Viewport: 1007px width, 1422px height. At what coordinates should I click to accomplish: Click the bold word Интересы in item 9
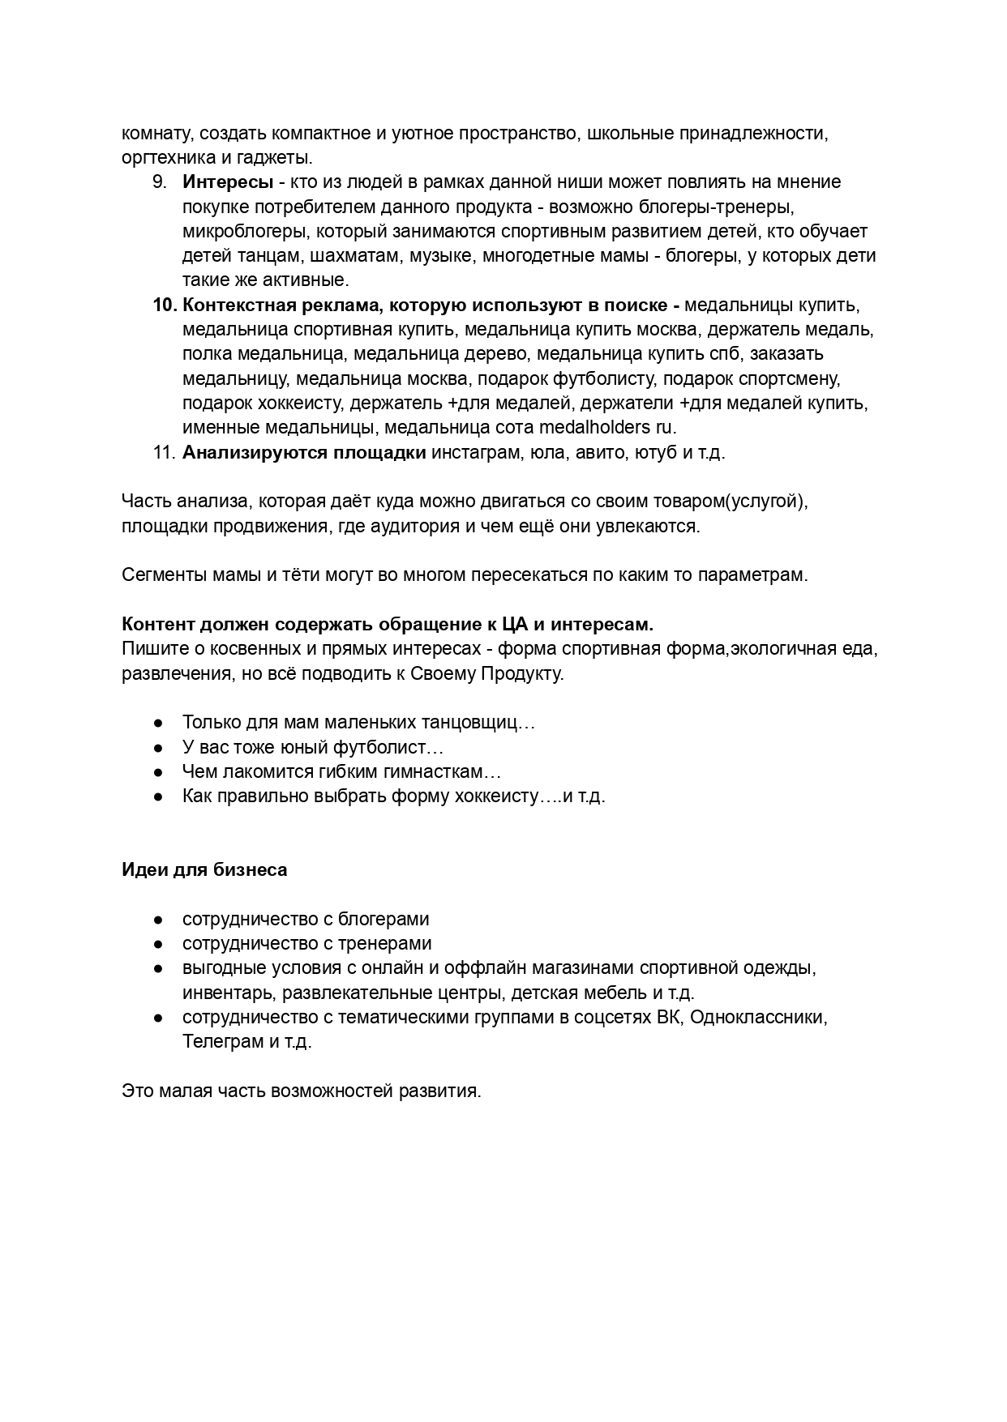pyautogui.click(x=228, y=182)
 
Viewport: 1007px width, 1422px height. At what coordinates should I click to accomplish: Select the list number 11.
pyautogui.click(x=164, y=452)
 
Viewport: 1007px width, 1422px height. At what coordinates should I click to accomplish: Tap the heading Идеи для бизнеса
pyautogui.click(x=204, y=870)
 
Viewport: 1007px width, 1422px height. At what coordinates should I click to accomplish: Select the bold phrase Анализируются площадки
pyautogui.click(x=304, y=452)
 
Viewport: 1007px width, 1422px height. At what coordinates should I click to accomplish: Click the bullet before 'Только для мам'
pyautogui.click(x=160, y=723)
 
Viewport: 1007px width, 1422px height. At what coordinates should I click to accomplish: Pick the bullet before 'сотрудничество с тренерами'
pyautogui.click(x=160, y=944)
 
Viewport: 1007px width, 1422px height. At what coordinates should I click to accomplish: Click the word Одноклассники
pyautogui.click(x=759, y=1018)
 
